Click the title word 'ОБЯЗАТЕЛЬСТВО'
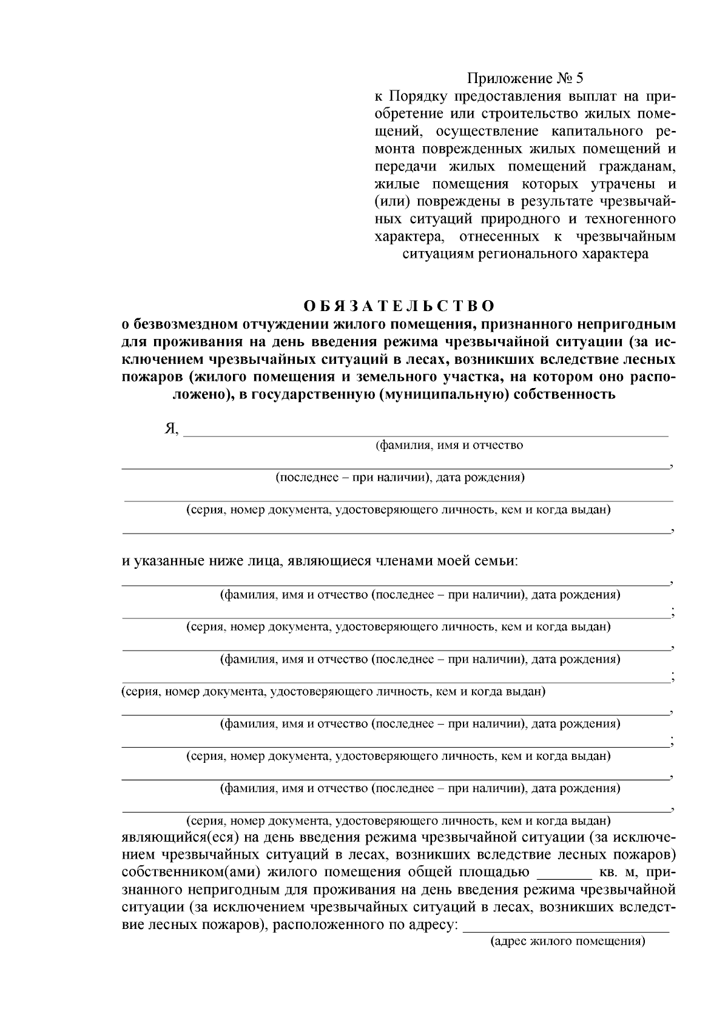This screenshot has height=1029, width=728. click(x=399, y=305)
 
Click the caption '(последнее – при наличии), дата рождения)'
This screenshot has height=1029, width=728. click(x=400, y=478)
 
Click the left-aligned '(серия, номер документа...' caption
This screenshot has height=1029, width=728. click(x=334, y=691)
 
